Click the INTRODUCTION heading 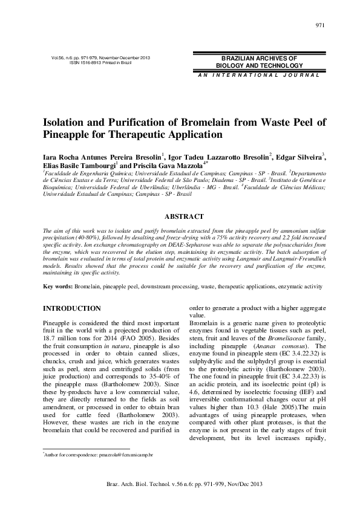point(71,308)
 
